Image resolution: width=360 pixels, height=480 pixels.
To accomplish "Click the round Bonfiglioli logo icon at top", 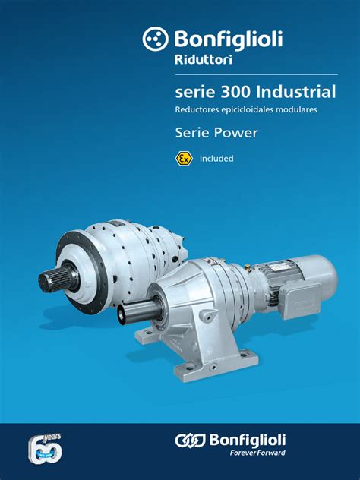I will point(156,39).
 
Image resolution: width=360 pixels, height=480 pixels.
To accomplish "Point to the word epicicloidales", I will point(248,111).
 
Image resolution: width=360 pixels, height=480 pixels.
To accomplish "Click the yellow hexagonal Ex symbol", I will point(183,158).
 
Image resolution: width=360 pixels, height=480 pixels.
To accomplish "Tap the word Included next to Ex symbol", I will point(216,159).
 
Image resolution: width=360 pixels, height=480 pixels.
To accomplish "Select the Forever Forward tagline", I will point(257,454).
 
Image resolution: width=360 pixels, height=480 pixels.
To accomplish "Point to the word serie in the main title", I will point(191,93).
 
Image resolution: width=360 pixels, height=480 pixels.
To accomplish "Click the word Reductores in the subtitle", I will point(194,111).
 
